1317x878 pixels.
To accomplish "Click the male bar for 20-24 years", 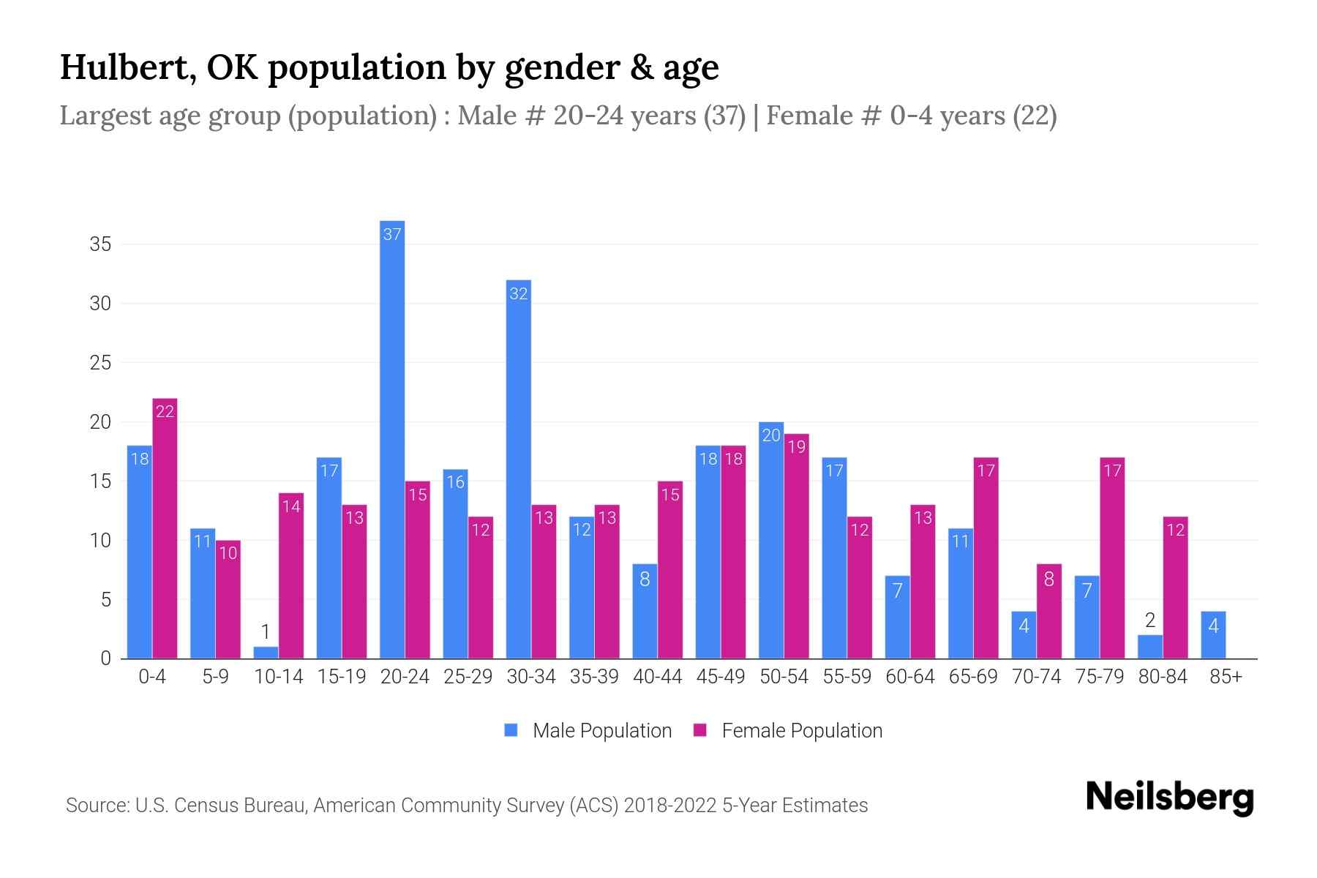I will [392, 439].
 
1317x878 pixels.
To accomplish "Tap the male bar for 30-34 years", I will [519, 468].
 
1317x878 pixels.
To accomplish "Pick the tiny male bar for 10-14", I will [266, 653].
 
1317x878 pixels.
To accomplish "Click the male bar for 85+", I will [1213, 635].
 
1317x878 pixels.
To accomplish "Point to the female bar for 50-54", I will [796, 546].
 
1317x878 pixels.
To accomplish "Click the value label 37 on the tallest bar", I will [392, 234].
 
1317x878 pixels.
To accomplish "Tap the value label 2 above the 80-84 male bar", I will [1150, 621].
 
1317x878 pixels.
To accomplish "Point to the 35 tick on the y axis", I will [100, 244].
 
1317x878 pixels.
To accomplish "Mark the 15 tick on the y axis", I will [100, 481].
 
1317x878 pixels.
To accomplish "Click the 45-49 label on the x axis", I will [721, 677].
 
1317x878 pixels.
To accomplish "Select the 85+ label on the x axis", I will [1226, 677].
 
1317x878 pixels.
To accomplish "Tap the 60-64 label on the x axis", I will [910, 677].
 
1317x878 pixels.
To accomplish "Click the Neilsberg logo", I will [1170, 798].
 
